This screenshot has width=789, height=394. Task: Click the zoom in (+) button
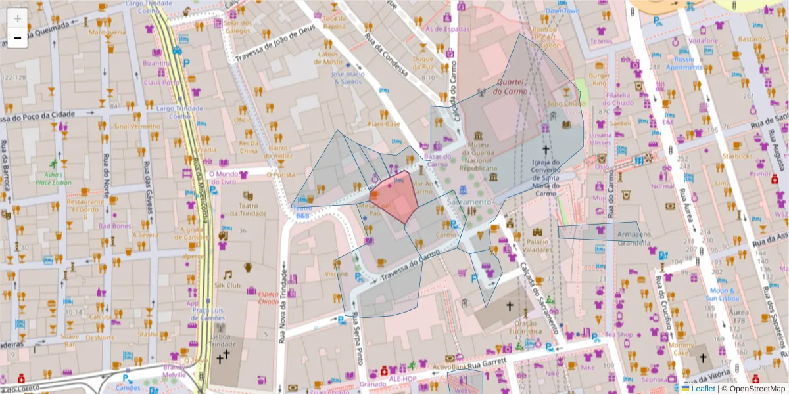pos(18,18)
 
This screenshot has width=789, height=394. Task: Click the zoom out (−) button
pos(18,38)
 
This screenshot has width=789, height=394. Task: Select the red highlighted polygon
pos(394,197)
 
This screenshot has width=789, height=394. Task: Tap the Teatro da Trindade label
pos(248,209)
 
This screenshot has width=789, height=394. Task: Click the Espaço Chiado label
pos(270,298)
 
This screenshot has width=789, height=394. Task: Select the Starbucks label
pos(736,156)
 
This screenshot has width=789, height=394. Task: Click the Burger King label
pos(599,79)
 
